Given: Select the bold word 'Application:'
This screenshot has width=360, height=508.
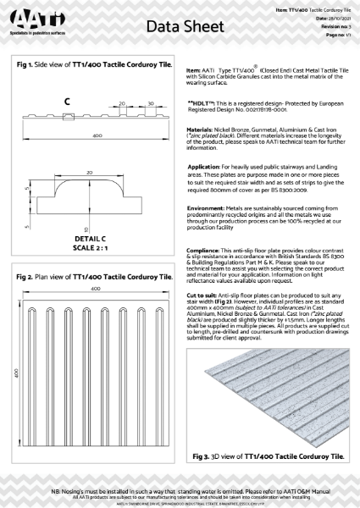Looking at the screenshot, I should (x=204, y=168).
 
